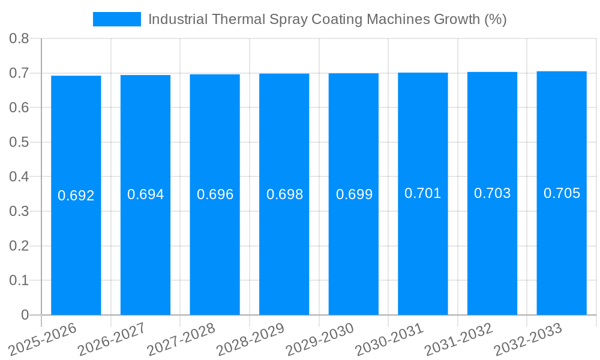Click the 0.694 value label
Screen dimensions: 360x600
tap(145, 194)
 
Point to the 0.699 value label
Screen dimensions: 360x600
tap(354, 194)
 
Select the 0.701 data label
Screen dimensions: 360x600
tap(423, 193)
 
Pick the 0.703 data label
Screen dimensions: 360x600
tap(493, 193)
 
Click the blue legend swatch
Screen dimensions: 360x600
tap(116, 19)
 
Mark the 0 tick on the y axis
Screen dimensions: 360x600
tap(25, 315)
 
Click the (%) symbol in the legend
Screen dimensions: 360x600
tap(495, 19)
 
